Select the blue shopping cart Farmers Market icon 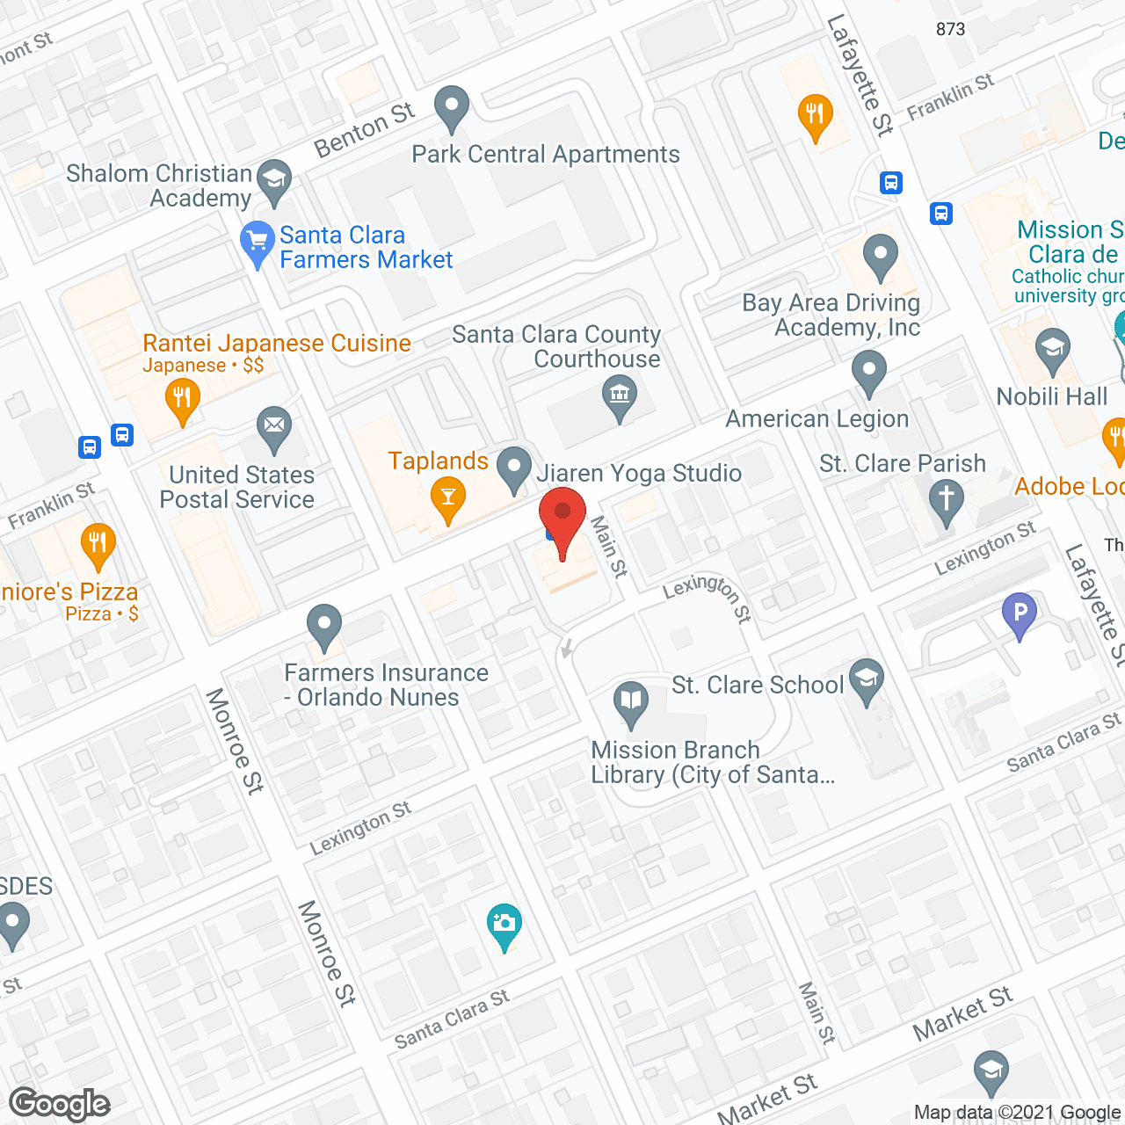[x=258, y=242]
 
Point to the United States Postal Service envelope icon [x=274, y=428]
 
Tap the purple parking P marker [x=1020, y=613]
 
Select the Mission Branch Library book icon [x=631, y=702]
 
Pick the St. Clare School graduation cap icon [x=867, y=679]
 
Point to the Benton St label [x=364, y=129]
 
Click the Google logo [x=60, y=1104]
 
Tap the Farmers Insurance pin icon [x=324, y=626]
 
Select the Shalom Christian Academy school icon [x=274, y=180]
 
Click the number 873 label [x=950, y=29]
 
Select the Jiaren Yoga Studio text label [x=639, y=474]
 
